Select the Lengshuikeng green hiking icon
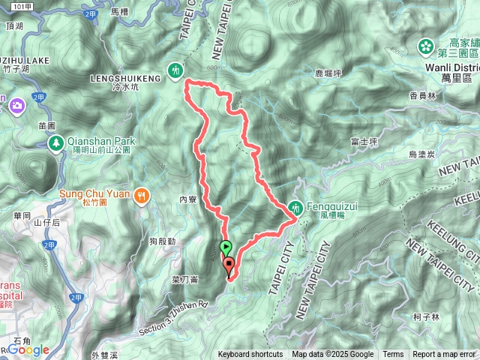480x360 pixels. (x=176, y=70)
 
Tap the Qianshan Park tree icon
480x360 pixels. (x=55, y=142)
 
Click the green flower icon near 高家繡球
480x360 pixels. (x=426, y=46)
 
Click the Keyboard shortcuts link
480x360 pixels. (x=250, y=355)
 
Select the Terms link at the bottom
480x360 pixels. (x=393, y=355)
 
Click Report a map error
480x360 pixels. (x=445, y=355)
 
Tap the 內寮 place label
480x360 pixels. (x=187, y=200)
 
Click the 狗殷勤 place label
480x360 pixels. (x=162, y=241)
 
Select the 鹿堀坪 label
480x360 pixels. (x=328, y=73)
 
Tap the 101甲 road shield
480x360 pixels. (x=22, y=6)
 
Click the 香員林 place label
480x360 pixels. (x=423, y=95)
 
